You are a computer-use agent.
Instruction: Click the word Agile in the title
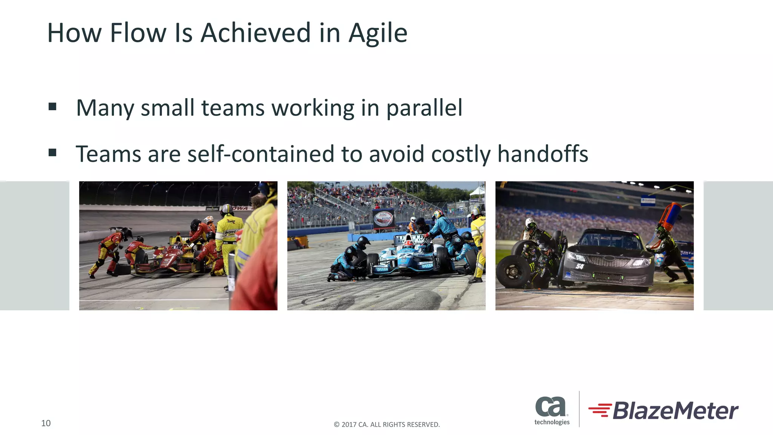tap(377, 33)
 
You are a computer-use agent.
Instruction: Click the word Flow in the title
tap(138, 33)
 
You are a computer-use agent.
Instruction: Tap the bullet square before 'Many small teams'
tap(52, 107)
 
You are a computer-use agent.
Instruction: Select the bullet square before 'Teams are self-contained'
tap(52, 153)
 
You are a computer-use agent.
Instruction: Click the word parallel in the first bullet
tap(424, 108)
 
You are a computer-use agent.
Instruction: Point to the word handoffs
tap(542, 154)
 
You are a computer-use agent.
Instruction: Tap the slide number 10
tap(46, 423)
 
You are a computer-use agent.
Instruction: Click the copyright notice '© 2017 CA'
tap(386, 424)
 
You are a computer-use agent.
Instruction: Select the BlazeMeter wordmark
tap(675, 411)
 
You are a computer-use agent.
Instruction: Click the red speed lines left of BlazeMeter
tap(600, 410)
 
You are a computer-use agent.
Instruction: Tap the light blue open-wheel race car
tap(406, 259)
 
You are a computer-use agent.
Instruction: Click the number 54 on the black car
tap(580, 267)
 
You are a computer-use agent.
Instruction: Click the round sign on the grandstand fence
tap(383, 218)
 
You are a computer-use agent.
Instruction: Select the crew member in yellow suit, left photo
tap(229, 238)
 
